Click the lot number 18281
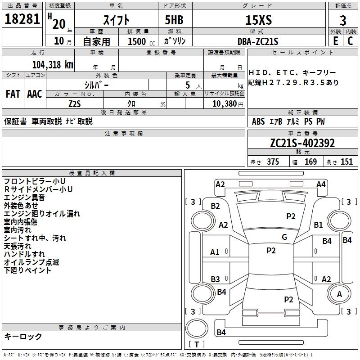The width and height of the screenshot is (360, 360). pyautogui.click(x=22, y=19)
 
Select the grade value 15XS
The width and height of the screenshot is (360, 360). pyautogui.click(x=258, y=20)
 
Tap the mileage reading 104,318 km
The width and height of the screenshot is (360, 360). pyautogui.click(x=53, y=65)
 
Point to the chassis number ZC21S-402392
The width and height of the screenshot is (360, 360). pyautogui.click(x=302, y=143)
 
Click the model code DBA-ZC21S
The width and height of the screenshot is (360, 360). pyautogui.click(x=258, y=41)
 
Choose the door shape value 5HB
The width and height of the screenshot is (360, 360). pyautogui.click(x=174, y=20)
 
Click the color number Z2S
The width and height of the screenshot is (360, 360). pyautogui.click(x=75, y=104)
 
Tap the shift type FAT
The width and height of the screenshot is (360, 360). pyautogui.click(x=13, y=94)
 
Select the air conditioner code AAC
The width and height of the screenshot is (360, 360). pyautogui.click(x=35, y=94)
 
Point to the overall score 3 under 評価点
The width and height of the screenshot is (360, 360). pyautogui.click(x=343, y=21)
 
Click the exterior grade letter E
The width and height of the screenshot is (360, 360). pyautogui.click(x=336, y=41)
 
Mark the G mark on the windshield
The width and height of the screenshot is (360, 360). pyautogui.click(x=284, y=237)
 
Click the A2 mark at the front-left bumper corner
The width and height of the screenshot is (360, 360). pyautogui.click(x=220, y=184)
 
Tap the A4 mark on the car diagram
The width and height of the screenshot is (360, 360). pyautogui.click(x=321, y=184)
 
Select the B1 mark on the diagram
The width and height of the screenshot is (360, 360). pyautogui.click(x=318, y=225)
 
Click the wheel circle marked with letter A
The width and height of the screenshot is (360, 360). pyautogui.click(x=339, y=294)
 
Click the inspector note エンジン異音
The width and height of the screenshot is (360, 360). pyautogui.click(x=24, y=198)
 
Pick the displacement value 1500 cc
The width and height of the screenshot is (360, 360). pyautogui.click(x=141, y=41)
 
